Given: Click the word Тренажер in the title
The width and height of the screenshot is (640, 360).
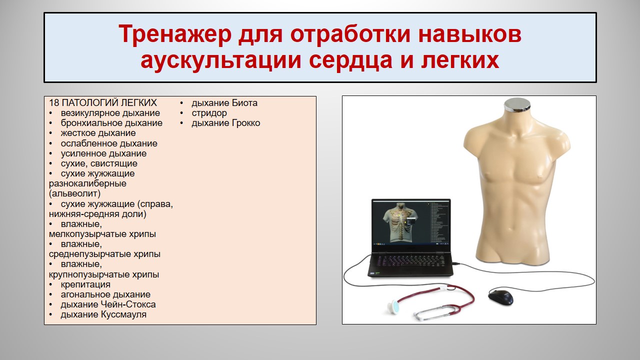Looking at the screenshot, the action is [175, 33].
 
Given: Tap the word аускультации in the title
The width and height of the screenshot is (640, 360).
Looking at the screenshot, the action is [220, 60].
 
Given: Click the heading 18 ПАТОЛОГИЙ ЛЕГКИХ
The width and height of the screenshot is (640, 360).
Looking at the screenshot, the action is [103, 102].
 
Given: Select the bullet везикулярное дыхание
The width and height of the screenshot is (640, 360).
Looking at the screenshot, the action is [110, 113].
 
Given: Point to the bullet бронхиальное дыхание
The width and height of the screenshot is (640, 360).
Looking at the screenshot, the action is [111, 123].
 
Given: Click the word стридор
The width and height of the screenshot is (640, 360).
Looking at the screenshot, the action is [209, 113].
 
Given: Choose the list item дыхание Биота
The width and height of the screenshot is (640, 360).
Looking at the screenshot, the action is [224, 103].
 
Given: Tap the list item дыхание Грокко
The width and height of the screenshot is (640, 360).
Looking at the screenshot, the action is [225, 123].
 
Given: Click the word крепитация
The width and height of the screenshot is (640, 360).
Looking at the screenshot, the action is [85, 284].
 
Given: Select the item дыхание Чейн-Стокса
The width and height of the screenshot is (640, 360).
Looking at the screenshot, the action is [108, 304].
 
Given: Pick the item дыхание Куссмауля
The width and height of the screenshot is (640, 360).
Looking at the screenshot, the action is [103, 314].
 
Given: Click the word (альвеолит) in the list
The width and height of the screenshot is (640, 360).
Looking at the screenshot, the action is [74, 193].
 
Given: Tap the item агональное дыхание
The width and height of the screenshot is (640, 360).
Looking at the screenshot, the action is [105, 294].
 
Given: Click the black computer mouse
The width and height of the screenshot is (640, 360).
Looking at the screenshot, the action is [500, 297].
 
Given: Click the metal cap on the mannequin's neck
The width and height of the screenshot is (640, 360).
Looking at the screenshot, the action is [517, 104].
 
